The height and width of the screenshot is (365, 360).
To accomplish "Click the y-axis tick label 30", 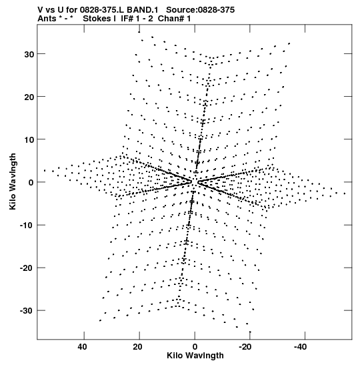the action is pyautogui.click(x=29, y=55).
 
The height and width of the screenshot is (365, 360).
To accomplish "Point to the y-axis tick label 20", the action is pyautogui.click(x=29, y=97).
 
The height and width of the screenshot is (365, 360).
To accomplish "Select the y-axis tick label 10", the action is pyautogui.click(x=29, y=140).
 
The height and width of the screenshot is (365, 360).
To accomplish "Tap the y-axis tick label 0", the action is pyautogui.click(x=31, y=183).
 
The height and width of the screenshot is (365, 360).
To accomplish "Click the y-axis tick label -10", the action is pyautogui.click(x=27, y=226).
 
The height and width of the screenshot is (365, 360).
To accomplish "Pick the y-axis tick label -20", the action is pyautogui.click(x=27, y=268).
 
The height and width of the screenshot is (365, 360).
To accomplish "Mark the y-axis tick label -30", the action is pyautogui.click(x=27, y=311).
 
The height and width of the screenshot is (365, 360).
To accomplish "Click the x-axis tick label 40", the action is pyautogui.click(x=83, y=347).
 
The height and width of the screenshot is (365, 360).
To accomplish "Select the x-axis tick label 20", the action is pyautogui.click(x=138, y=347).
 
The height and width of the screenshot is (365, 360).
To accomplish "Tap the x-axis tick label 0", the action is pyautogui.click(x=195, y=347).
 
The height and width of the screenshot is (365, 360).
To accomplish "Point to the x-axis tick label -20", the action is pyautogui.click(x=245, y=347).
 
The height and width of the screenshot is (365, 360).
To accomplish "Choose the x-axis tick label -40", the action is pyautogui.click(x=301, y=347).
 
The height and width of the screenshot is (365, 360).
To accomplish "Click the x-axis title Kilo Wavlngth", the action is pyautogui.click(x=195, y=356).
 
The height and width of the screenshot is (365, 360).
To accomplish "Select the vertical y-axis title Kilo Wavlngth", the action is pyautogui.click(x=12, y=181).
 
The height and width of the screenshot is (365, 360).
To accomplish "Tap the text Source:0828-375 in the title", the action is pyautogui.click(x=201, y=10).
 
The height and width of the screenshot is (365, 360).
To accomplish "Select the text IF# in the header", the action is pyautogui.click(x=127, y=19).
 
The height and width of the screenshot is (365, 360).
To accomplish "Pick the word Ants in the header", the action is pyautogui.click(x=47, y=19).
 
